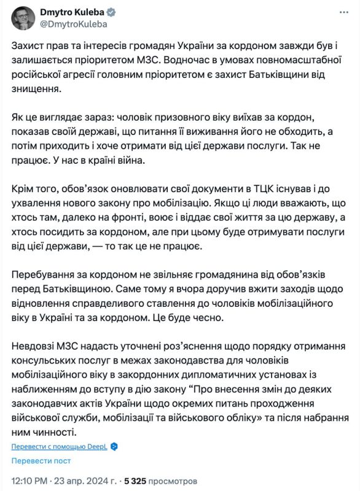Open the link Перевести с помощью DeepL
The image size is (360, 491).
pyautogui.click(x=59, y=447)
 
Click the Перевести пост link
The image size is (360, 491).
pyautogui.click(x=41, y=460)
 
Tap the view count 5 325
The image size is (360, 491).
pyautogui.click(x=140, y=479)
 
